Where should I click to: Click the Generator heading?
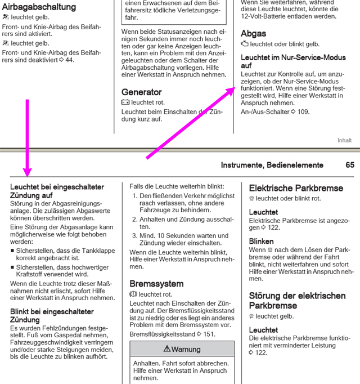pyautogui.click(x=141, y=92)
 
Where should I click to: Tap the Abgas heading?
pyautogui.click(x=253, y=33)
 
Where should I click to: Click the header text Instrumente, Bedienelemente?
pyautogui.click(x=272, y=166)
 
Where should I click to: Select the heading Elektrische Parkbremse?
pyautogui.click(x=296, y=187)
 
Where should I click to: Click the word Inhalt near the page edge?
pyautogui.click(x=344, y=140)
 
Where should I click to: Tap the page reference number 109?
pyautogui.click(x=303, y=111)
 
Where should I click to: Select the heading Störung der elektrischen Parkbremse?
pyautogui.click(x=297, y=300)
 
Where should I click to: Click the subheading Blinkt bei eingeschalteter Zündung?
pyautogui.click(x=52, y=315)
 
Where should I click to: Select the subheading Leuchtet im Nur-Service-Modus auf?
pyautogui.click(x=285, y=61)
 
